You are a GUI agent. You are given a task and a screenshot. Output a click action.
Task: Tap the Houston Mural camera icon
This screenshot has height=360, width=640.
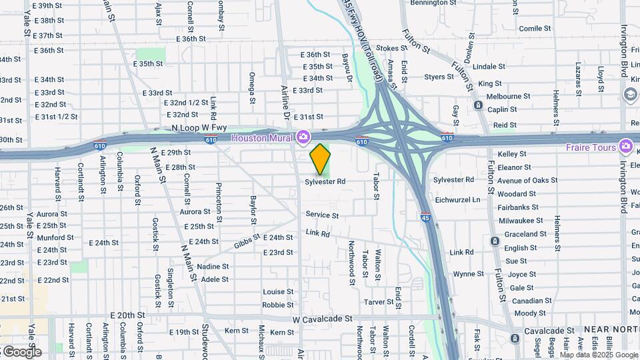point(304,137)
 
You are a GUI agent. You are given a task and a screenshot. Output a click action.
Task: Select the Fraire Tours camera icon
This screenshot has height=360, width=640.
point(625,146)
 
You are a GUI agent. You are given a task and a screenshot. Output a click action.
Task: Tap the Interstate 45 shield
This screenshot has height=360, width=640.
point(425,217)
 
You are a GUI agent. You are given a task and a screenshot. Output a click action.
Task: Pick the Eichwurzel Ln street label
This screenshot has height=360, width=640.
point(457,199)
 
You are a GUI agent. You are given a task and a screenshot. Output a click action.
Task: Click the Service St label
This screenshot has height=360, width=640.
point(322,215)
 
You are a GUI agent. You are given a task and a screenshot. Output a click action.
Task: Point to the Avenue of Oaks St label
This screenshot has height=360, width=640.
point(527,181)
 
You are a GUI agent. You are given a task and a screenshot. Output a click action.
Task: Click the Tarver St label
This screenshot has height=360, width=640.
point(379,302)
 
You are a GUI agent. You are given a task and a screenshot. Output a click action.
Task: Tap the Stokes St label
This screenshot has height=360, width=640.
point(391,49)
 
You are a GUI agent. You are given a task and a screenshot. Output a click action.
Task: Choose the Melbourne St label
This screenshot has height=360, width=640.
point(508,96)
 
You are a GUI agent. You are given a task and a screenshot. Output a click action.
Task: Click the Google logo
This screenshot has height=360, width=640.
point(22,351)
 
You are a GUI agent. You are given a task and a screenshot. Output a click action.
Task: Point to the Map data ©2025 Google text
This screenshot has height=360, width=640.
point(597,355)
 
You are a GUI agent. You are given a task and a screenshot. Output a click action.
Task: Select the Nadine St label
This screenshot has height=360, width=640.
point(213,267)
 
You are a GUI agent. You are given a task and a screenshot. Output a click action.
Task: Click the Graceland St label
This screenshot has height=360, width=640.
point(525,234)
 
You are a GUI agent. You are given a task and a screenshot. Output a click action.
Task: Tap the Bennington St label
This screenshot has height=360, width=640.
point(438,3)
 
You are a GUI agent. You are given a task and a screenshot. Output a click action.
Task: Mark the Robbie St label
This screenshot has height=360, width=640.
point(278,305)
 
